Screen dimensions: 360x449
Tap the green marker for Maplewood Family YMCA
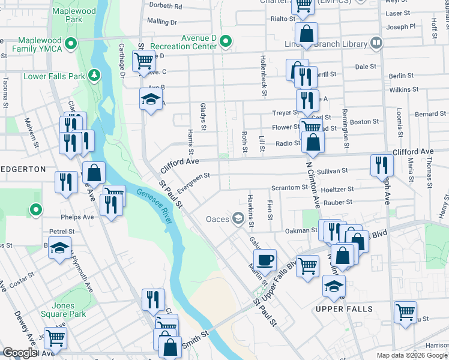[71, 43]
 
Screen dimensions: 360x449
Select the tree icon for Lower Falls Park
[94, 75]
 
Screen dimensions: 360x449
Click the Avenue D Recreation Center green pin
[226, 41]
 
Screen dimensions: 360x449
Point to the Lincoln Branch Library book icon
[376, 43]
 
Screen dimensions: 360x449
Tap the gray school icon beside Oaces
[238, 218]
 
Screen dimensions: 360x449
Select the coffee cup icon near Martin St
[264, 260]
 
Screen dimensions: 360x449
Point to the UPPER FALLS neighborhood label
[344, 309]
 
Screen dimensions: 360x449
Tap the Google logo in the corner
[20, 353]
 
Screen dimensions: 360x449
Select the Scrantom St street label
[289, 188]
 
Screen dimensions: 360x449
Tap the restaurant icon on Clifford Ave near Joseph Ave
[381, 164]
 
